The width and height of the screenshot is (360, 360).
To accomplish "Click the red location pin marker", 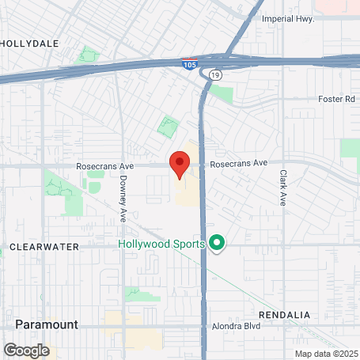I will (180, 164).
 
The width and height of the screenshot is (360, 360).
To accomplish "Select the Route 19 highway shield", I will (215, 74).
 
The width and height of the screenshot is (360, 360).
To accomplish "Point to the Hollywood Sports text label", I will (162, 244).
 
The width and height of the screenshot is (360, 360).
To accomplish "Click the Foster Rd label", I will (337, 99).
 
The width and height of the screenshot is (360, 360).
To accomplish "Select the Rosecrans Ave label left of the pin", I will (105, 166).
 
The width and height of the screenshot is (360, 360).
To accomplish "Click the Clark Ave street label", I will (282, 188).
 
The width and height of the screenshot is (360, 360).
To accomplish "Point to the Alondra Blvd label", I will (236, 326).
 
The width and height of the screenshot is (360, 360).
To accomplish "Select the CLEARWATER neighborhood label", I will (44, 247).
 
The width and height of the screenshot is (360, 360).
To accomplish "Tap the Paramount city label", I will (47, 324).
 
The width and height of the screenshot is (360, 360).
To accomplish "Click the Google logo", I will (26, 349).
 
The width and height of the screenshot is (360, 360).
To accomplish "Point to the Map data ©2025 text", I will (326, 354).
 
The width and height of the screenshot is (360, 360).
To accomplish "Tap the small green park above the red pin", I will (168, 126).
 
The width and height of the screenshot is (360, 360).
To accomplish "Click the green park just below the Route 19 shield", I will (222, 94).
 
